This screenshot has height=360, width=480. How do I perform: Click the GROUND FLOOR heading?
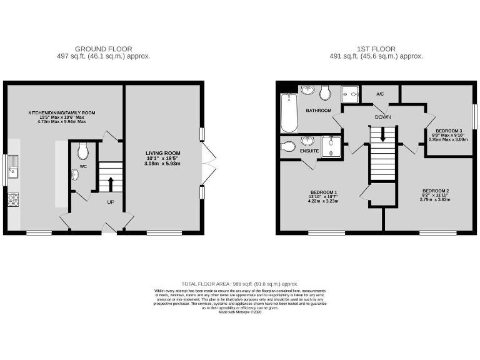(103, 48)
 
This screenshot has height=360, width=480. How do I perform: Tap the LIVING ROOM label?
(162, 152)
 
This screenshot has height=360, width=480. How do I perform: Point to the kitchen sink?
(13, 169)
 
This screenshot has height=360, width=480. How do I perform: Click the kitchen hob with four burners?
(13, 199)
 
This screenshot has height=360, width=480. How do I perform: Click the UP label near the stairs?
(111, 202)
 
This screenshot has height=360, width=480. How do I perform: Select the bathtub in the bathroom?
(288, 112)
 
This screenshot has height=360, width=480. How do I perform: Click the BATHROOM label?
(318, 111)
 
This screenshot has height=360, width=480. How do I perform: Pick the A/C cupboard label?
(379, 94)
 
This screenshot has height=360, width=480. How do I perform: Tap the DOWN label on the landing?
(382, 117)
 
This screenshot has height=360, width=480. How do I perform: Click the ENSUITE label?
(310, 151)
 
